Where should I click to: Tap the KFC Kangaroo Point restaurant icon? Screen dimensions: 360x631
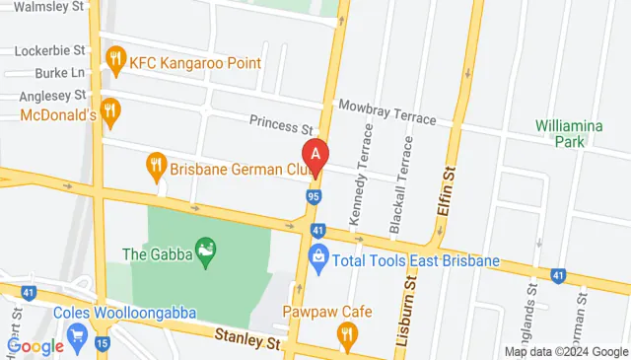(x=116, y=59)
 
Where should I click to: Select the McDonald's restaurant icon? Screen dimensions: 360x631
(x=110, y=111)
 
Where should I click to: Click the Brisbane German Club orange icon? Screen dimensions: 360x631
(x=155, y=167)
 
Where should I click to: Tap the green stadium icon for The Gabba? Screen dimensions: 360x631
(x=205, y=252)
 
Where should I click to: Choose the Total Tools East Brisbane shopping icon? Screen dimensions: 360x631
(x=318, y=261)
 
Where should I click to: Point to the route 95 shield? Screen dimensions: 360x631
(x=311, y=199)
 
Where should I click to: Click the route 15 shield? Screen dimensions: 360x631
(x=104, y=344)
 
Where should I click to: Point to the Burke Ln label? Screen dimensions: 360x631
(x=56, y=73)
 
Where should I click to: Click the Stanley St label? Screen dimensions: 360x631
(x=247, y=339)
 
